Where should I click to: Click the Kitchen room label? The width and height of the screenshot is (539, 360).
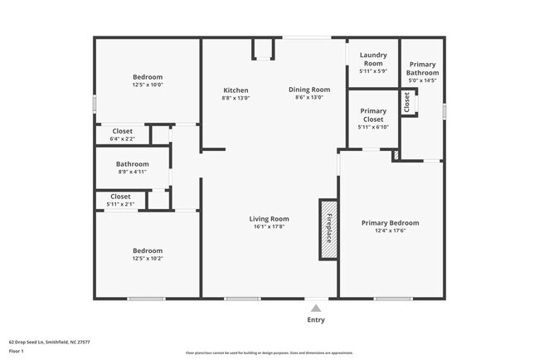(236, 90)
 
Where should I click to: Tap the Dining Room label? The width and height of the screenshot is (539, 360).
(309, 90)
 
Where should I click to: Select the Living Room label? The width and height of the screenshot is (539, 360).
(269, 219)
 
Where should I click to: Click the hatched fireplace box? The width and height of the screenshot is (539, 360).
(328, 228)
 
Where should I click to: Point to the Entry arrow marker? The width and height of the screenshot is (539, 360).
(316, 308)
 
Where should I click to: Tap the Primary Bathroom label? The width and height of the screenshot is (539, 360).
(423, 68)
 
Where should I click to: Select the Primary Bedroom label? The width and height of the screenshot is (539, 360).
(390, 222)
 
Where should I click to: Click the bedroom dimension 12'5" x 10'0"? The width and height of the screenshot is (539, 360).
(148, 85)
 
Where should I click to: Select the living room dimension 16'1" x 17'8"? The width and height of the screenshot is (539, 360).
(269, 227)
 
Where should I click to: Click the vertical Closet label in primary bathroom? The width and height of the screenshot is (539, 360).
(407, 102)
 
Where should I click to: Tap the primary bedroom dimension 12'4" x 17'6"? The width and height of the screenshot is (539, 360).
(390, 231)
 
